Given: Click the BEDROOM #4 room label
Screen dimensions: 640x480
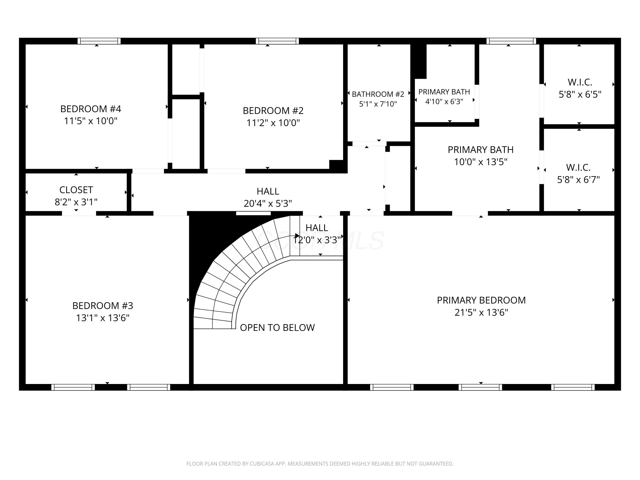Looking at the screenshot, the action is point(91,109).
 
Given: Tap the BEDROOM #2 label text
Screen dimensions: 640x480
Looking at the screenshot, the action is point(273,111).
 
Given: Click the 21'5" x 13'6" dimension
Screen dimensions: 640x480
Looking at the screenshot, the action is point(481,313).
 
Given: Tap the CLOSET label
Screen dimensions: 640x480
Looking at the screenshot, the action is point(76,190).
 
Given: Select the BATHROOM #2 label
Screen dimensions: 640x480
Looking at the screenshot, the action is point(378,94).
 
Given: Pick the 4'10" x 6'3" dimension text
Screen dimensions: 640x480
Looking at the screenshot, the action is point(444,102).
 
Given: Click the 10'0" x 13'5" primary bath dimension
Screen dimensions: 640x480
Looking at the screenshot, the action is point(481,162).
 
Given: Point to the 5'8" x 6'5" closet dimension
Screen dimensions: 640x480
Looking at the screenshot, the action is point(580,94).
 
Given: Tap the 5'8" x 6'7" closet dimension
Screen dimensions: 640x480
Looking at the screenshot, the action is point(578,180).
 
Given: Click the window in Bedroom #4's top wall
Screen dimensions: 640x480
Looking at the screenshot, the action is point(99,41).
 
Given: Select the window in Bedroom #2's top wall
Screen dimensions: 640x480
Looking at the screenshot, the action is point(277,41).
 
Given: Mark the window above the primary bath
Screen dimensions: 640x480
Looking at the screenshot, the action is point(511,41).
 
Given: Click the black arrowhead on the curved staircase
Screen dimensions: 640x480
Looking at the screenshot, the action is point(297,236).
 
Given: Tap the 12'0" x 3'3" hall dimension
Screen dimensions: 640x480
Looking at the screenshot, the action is point(317,240).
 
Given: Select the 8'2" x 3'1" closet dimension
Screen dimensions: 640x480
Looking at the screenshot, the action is point(76,202).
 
